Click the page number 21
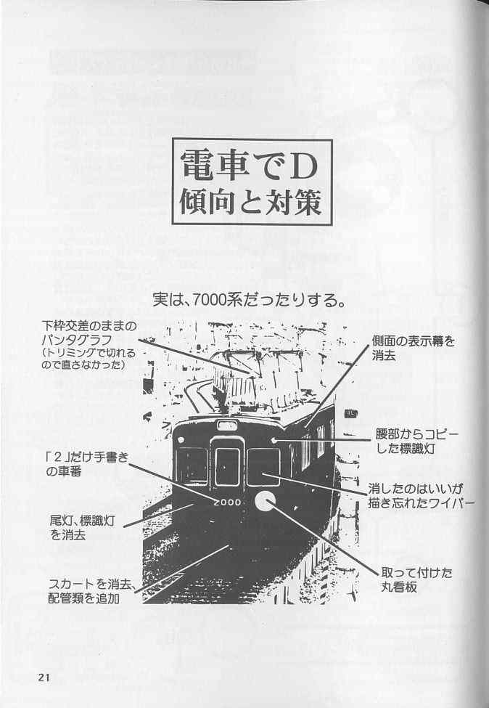pos(44,678)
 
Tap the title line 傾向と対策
pos(252,202)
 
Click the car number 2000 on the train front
pos(228,502)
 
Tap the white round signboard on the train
pos(265,502)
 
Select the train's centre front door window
pos(227,467)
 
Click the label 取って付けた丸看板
pos(416,580)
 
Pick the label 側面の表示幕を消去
pos(414,348)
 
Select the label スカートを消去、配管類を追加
pos(92,592)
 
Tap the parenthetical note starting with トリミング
pos(89,359)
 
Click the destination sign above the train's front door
pos(227,425)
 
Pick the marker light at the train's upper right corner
pos(274,439)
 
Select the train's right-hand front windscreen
pos(263,467)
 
